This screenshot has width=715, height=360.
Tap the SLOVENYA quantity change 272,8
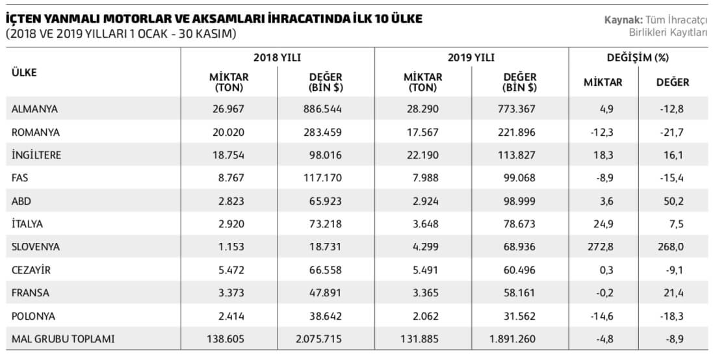603,246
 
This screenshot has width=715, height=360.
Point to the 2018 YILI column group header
277,57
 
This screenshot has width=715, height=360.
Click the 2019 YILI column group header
471,57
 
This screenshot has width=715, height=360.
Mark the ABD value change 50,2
673,200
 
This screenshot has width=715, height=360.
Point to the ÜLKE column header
24,72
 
